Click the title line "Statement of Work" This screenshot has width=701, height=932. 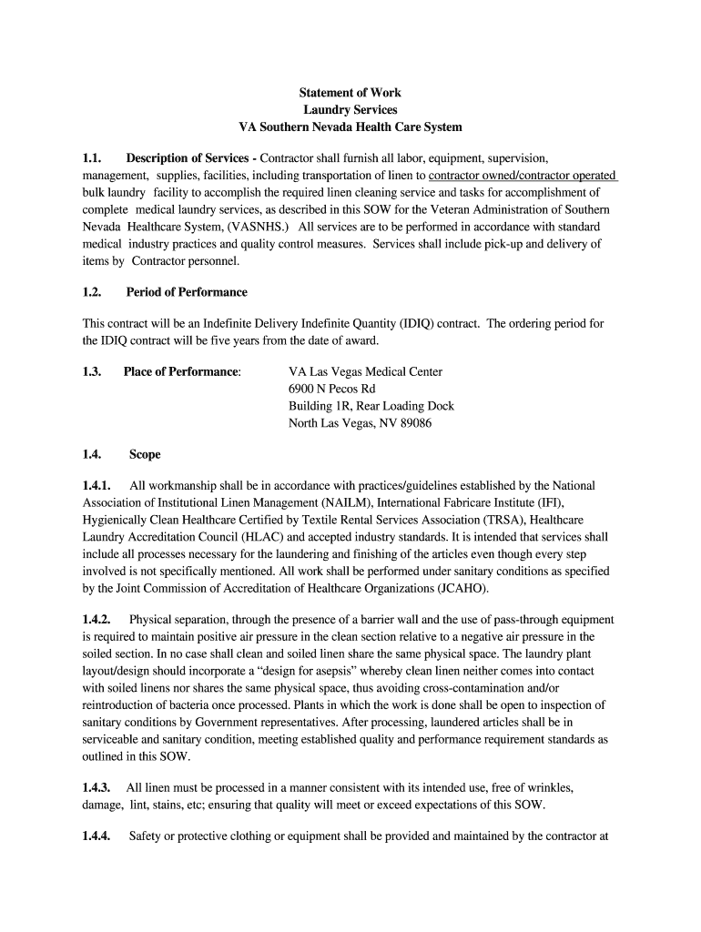point(350,93)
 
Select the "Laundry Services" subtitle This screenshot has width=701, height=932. point(350,110)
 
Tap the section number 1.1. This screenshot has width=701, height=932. point(93,158)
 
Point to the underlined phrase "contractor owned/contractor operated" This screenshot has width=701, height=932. point(523,175)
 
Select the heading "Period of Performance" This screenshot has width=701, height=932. point(186,292)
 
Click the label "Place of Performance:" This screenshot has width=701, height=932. point(182,371)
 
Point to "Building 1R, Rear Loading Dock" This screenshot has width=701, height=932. point(371,406)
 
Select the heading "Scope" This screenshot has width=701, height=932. point(145,454)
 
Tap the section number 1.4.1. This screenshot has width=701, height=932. point(97,486)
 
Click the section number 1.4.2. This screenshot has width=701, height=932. point(97,620)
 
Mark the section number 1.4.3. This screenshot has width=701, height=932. point(97,787)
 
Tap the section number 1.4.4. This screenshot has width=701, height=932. point(97,836)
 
